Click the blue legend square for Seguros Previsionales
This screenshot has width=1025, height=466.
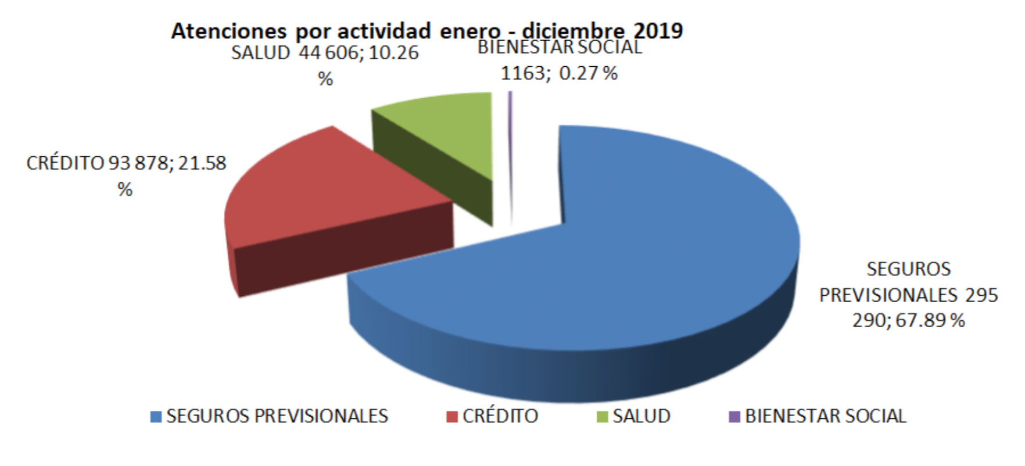tap(156, 417)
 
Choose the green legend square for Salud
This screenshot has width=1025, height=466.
tap(603, 417)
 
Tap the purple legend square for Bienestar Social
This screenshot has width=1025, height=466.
tap(734, 417)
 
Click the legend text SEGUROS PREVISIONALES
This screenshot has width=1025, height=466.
tap(277, 416)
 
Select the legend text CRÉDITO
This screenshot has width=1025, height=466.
tap(500, 416)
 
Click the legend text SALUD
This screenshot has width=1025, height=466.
tap(641, 416)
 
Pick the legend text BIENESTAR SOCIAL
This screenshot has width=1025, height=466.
tap(826, 416)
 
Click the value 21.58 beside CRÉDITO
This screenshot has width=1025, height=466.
tap(202, 163)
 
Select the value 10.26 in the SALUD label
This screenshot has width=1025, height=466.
tap(394, 53)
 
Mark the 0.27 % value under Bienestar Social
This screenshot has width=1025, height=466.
tap(588, 74)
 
